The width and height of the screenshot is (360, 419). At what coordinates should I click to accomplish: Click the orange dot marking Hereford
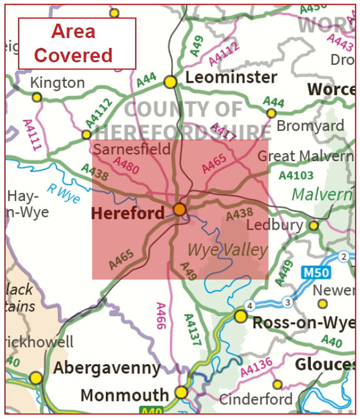(x=179, y=209)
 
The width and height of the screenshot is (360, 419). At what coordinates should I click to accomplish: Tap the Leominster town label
(x=231, y=78)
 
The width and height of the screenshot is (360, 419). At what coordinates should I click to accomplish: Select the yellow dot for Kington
(x=37, y=97)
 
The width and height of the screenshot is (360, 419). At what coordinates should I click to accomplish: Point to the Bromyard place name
(x=310, y=125)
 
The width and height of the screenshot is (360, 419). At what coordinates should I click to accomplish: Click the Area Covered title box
(x=77, y=43)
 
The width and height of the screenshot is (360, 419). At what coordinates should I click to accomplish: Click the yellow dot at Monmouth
(x=181, y=392)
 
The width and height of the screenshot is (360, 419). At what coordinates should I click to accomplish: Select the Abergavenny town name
(x=107, y=369)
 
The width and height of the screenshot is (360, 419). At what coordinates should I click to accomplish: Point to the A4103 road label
(x=296, y=175)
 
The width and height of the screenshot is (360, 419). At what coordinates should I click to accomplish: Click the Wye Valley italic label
(x=227, y=250)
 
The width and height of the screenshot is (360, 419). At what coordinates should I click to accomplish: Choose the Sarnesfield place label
(x=132, y=149)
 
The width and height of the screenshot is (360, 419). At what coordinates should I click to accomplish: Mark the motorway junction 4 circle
(x=249, y=306)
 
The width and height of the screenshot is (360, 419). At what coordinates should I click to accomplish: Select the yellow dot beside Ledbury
(x=314, y=226)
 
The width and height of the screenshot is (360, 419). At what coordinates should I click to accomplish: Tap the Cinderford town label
(x=255, y=399)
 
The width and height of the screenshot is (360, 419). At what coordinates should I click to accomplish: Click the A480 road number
(x=126, y=168)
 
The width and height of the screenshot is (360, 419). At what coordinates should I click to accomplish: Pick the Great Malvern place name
(x=305, y=156)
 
